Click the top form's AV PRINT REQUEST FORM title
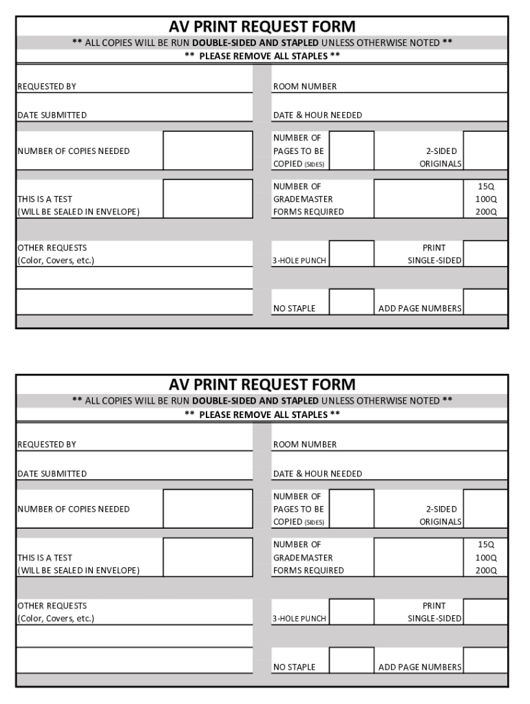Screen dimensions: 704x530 click(x=262, y=27)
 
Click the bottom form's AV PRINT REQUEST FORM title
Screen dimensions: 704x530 click(x=262, y=385)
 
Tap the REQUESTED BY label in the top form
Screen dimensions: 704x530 click(x=47, y=87)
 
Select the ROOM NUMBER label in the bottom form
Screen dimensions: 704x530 click(x=305, y=445)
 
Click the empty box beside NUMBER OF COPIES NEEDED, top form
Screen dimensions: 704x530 click(x=208, y=151)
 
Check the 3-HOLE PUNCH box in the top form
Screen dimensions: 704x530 click(x=351, y=254)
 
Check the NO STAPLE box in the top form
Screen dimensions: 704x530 click(x=351, y=302)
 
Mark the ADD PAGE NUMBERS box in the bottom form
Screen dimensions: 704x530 click(x=485, y=660)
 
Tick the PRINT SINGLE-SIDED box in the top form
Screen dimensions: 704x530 click(x=485, y=254)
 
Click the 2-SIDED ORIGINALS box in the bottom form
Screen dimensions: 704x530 click(x=485, y=509)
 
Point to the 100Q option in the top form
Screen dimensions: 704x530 click(x=486, y=199)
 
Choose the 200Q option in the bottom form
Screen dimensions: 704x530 click(x=486, y=570)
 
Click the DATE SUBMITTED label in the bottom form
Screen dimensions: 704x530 click(x=52, y=474)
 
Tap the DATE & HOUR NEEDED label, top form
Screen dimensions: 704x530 click(x=317, y=115)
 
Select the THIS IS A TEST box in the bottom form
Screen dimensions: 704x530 click(x=208, y=557)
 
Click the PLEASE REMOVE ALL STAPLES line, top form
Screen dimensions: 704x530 click(x=262, y=56)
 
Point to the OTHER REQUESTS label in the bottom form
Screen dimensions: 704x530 click(x=52, y=606)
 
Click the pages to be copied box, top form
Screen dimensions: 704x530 click(x=351, y=151)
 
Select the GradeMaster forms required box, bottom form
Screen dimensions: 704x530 click(x=418, y=557)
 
